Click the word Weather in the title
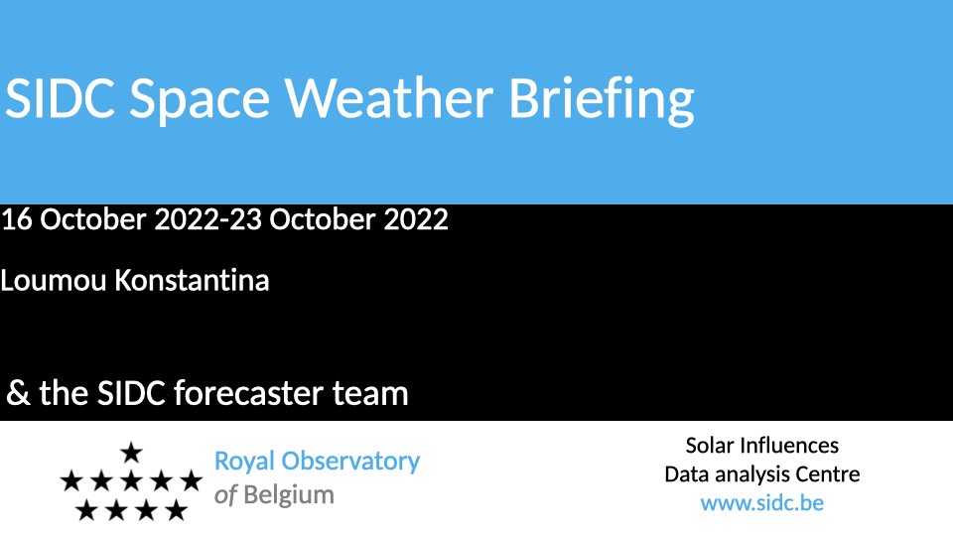(x=389, y=98)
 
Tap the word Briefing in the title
(x=602, y=101)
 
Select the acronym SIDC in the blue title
(x=60, y=98)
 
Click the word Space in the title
(x=200, y=101)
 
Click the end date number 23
(x=245, y=219)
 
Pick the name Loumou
(x=54, y=281)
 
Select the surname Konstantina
(x=192, y=281)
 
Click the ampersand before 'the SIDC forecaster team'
(x=18, y=393)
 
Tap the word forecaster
(x=248, y=393)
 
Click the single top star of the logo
(x=131, y=453)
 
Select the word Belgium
(x=289, y=495)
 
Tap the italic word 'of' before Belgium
(x=225, y=495)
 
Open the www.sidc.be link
(x=762, y=503)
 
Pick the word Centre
(x=827, y=474)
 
